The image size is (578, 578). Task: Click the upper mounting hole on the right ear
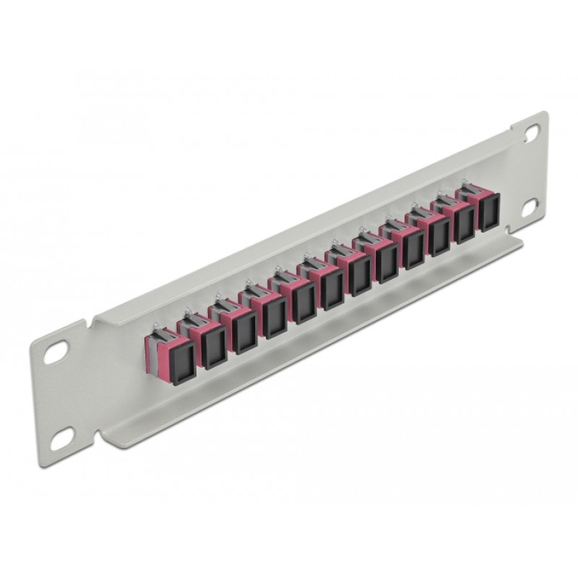532,133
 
